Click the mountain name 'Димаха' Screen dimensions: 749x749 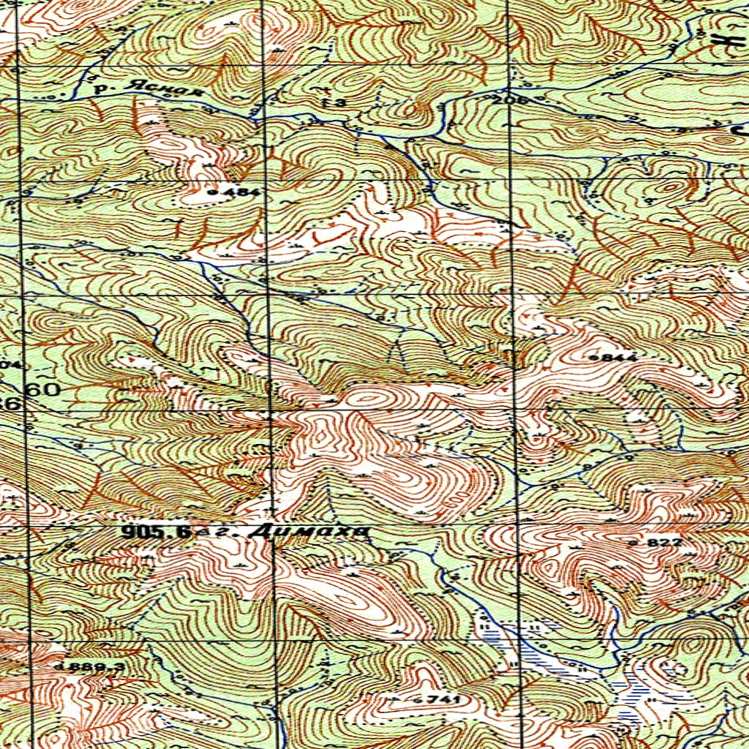pos(308,532)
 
